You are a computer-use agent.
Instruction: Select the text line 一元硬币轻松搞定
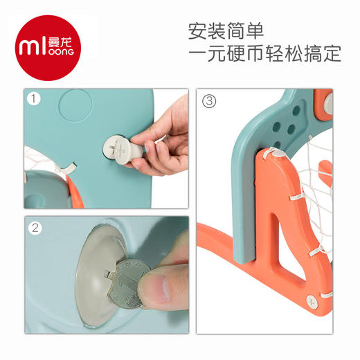pyautogui.click(x=264, y=55)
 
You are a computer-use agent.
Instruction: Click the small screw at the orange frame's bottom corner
pyautogui.click(x=313, y=302)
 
